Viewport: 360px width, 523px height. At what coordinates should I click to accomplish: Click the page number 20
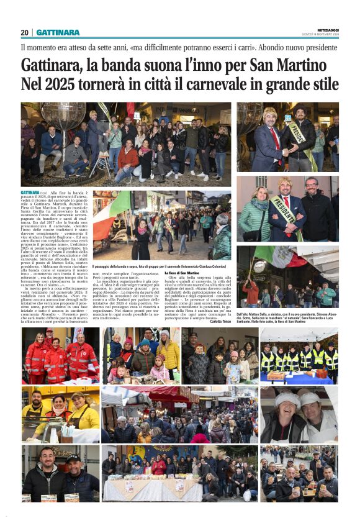tap(24, 32)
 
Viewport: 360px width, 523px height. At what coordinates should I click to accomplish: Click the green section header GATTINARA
tap(58, 32)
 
